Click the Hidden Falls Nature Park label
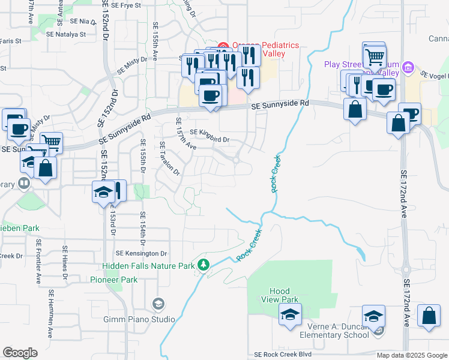click(149, 265)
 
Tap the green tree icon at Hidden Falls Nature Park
click(204, 265)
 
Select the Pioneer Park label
click(114, 280)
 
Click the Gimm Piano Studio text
click(139, 319)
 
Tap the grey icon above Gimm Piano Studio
click(158, 303)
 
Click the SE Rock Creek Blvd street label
click(286, 355)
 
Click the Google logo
click(20, 353)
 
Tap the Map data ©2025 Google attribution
click(411, 355)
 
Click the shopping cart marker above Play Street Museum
click(375, 56)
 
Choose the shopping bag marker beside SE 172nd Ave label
click(429, 317)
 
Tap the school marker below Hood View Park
click(291, 314)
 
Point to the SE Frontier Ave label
click(38, 262)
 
